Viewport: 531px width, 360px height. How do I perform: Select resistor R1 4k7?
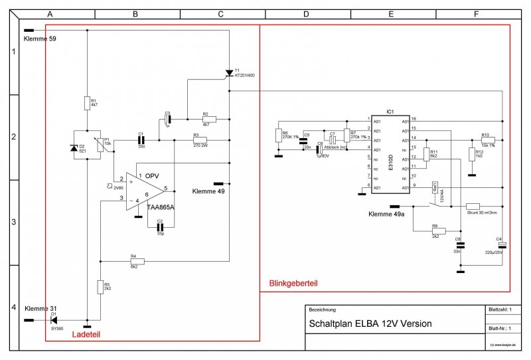pyautogui.click(x=87, y=102)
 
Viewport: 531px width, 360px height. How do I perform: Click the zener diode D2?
pyautogui.click(x=74, y=148)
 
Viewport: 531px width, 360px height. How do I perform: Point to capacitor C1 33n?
pyautogui.click(x=141, y=140)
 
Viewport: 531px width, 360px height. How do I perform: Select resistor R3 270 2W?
pyautogui.click(x=199, y=140)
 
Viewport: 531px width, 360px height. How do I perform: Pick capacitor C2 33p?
pyautogui.click(x=159, y=226)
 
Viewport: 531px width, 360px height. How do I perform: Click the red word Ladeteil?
pyautogui.click(x=86, y=335)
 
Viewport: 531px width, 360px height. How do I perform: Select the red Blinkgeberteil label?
pyautogui.click(x=293, y=284)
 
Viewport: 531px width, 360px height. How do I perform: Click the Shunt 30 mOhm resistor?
pyautogui.click(x=473, y=207)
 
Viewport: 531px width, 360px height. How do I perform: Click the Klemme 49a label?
pyautogui.click(x=386, y=214)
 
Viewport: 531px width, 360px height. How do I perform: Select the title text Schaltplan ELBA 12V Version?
pyautogui.click(x=370, y=324)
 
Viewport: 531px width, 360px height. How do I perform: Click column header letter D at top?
pyautogui.click(x=306, y=14)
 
